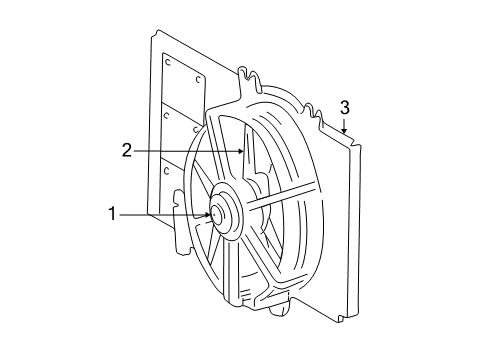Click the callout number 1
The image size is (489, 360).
coord(113,212)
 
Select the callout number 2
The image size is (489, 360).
coord(127,151)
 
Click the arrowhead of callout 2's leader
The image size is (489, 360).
coord(244,151)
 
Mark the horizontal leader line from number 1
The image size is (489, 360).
coord(165,213)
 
